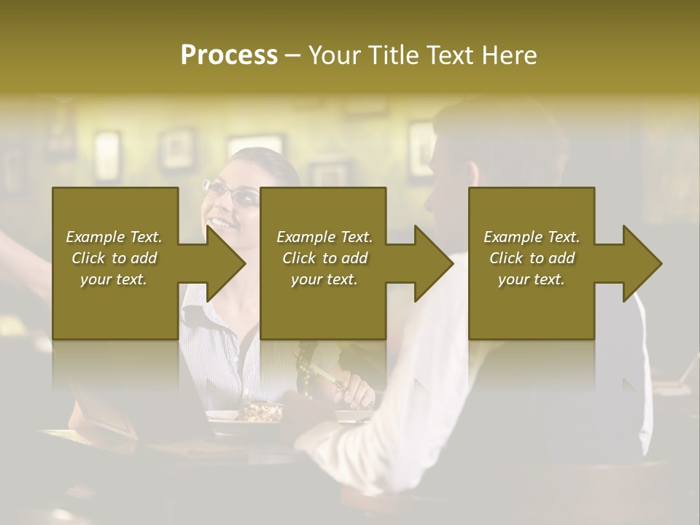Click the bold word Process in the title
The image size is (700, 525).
229,55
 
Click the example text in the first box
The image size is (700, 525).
114,257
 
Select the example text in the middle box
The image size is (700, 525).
324,257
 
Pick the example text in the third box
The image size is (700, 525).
532,257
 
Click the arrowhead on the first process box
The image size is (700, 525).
223,263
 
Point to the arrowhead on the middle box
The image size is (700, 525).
432,263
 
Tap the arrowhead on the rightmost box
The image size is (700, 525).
640,263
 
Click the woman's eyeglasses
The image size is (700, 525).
232,193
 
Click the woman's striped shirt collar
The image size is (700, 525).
201,306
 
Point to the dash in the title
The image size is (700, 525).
293,55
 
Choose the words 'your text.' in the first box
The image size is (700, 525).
114,279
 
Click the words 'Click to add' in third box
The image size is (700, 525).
532,258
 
